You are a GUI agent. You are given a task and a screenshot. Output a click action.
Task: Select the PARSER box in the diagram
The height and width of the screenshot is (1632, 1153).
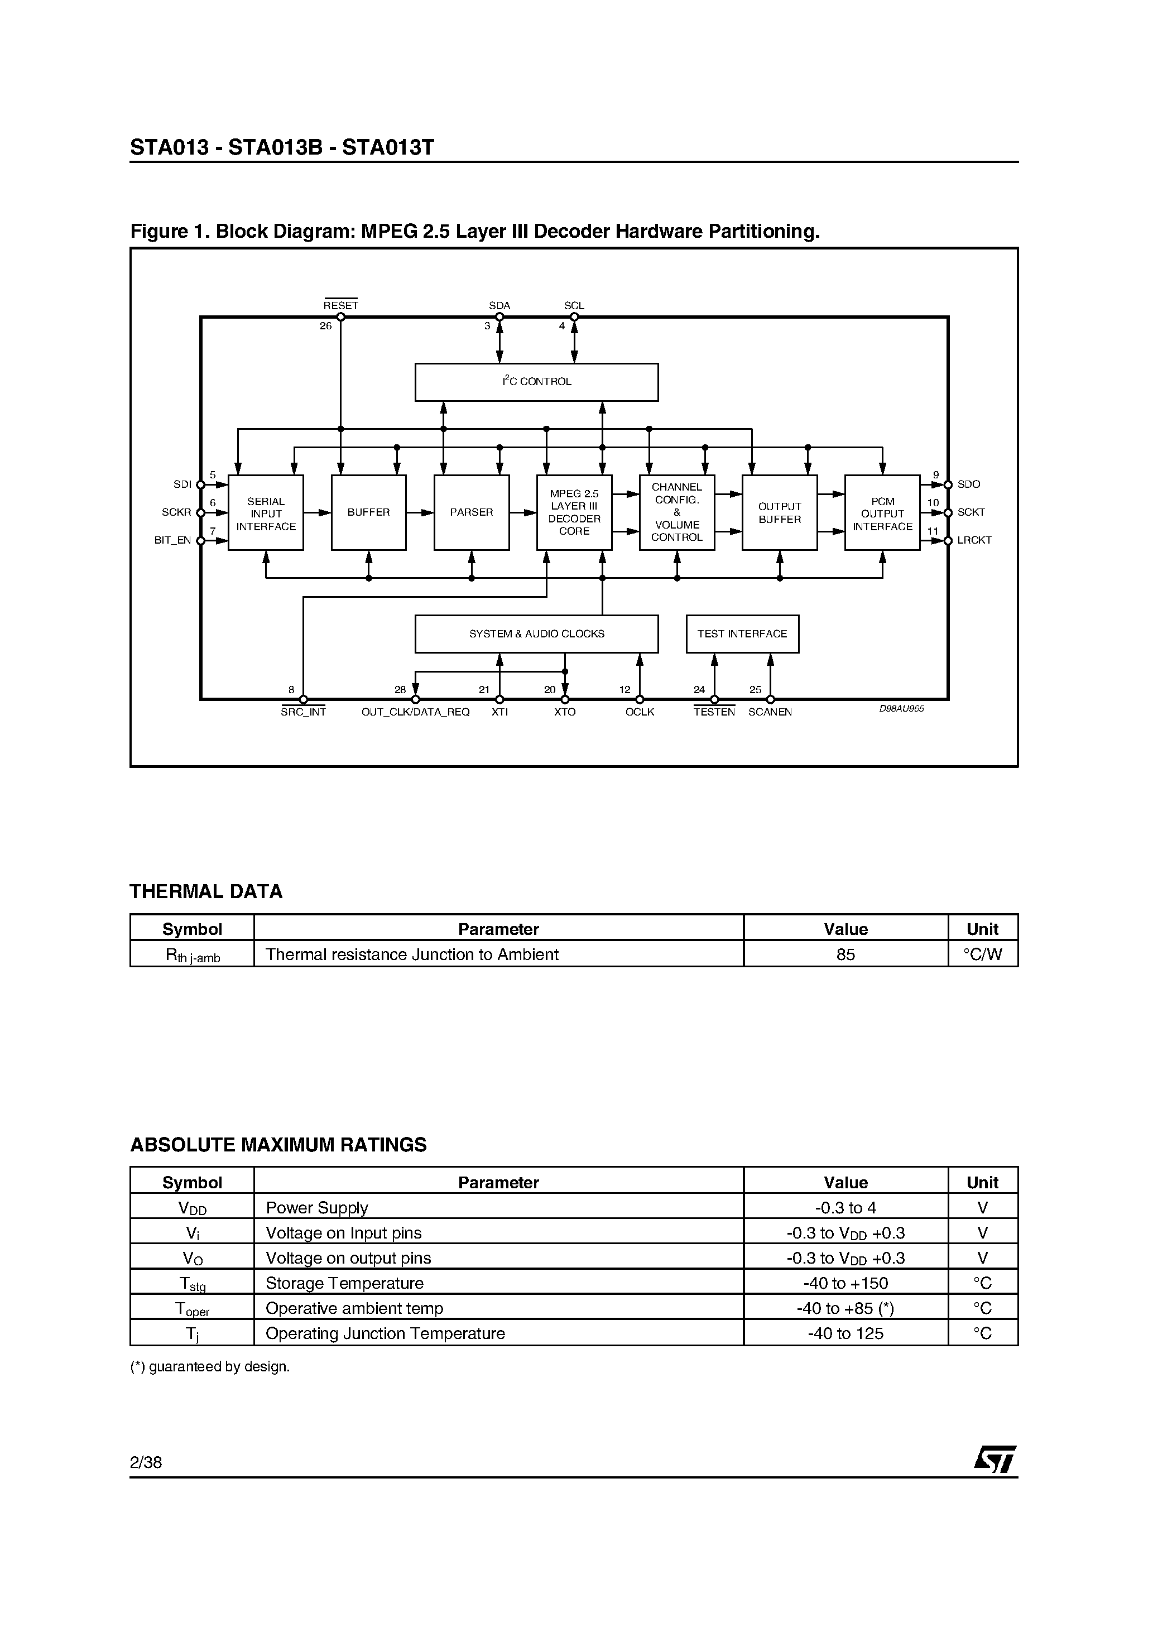click(x=471, y=512)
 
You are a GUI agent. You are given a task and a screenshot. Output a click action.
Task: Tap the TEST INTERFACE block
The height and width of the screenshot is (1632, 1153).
click(x=742, y=633)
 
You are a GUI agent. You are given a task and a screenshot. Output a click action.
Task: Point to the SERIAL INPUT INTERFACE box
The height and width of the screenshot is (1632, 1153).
click(x=265, y=512)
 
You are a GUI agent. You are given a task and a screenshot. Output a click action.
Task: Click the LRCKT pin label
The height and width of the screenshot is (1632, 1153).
click(x=974, y=540)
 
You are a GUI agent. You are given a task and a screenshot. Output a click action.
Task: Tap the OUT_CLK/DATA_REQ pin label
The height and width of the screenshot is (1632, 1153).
click(x=415, y=712)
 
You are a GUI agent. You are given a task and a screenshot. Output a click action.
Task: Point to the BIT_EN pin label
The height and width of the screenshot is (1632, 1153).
click(x=173, y=540)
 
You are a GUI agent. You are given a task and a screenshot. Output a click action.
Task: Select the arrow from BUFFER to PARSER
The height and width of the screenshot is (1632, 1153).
click(x=420, y=512)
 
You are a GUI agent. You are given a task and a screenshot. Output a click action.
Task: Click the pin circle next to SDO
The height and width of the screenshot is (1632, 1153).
click(x=948, y=485)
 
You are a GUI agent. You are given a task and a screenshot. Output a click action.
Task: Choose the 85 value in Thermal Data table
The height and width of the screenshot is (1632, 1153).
click(x=845, y=954)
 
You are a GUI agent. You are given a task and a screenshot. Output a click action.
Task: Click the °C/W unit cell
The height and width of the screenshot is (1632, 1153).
click(x=982, y=954)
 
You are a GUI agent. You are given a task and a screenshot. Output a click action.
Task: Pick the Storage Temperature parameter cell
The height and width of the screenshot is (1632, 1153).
click(x=345, y=1283)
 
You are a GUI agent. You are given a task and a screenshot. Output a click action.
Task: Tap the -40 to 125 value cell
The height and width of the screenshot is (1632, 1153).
click(x=845, y=1333)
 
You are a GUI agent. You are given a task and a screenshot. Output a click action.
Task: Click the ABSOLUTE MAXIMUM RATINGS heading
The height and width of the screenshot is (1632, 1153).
click(x=278, y=1145)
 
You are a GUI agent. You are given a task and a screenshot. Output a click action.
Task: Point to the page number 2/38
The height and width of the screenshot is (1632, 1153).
click(x=146, y=1462)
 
